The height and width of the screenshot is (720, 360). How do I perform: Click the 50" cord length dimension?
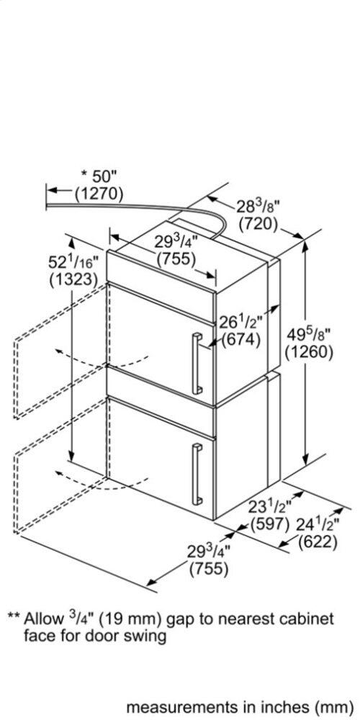pyautogui.click(x=99, y=176)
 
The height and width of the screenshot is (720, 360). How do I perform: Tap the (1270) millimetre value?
pyautogui.click(x=99, y=194)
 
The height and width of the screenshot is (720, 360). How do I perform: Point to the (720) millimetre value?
pyautogui.click(x=259, y=224)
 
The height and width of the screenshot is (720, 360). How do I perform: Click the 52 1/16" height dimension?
pyautogui.click(x=74, y=263)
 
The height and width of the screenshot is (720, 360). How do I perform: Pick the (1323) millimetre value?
pyautogui.click(x=73, y=280)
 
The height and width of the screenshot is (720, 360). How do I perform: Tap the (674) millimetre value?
pyautogui.click(x=241, y=341)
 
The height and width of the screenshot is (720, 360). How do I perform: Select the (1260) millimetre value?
pyautogui.click(x=308, y=353)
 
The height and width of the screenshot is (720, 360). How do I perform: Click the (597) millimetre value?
pyautogui.click(x=269, y=524)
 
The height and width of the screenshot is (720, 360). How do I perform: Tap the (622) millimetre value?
pyautogui.click(x=318, y=542)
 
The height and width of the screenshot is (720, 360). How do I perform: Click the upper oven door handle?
pyautogui.click(x=197, y=363)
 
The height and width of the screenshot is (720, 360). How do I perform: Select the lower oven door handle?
pyautogui.click(x=197, y=474)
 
